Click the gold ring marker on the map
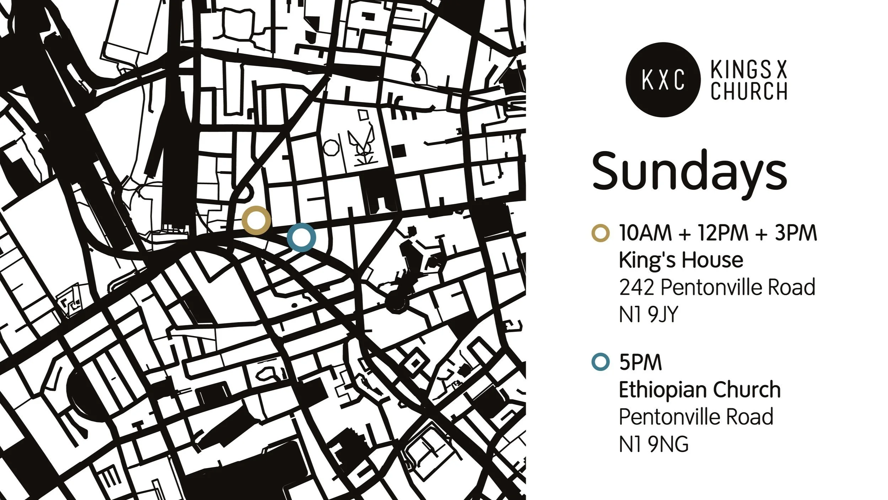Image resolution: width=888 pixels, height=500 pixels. tap(256, 220)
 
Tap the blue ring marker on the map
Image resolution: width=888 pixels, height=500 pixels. tap(301, 237)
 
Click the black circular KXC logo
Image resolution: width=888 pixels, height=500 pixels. tap(663, 80)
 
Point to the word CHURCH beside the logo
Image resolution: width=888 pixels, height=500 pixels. tap(749, 91)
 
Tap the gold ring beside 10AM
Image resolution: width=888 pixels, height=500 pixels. tap(601, 233)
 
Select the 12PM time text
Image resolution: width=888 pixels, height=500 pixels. tap(723, 233)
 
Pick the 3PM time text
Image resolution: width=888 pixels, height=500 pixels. tap(796, 233)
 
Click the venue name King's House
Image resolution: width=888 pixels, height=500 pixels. tap(681, 260)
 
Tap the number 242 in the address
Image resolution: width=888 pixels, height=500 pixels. tap(636, 287)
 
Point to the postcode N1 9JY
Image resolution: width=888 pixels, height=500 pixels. tap(649, 314)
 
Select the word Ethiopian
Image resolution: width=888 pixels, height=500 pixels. tap(658, 389)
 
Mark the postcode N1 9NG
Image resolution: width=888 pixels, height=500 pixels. tap(653, 444)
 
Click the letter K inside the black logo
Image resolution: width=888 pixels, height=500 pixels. tap(647, 80)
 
